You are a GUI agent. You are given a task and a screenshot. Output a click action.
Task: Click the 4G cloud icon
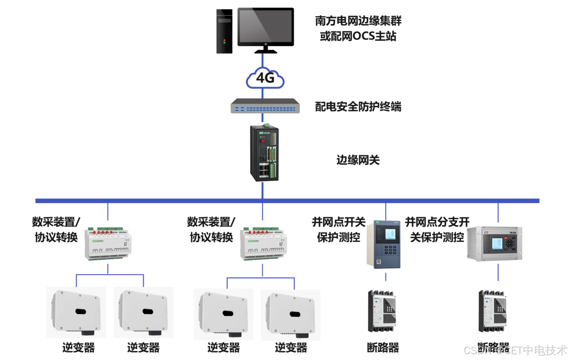point(265,78)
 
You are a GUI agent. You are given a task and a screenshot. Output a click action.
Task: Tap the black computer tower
point(224,30)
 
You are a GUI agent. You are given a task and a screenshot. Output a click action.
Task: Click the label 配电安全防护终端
point(358,107)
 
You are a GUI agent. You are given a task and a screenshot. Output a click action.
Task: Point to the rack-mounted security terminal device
point(265,106)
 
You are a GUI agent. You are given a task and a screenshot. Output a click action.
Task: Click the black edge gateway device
point(264,153)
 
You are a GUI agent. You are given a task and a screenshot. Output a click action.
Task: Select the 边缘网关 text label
point(358,160)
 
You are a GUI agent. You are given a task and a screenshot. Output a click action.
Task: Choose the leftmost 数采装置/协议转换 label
point(56,229)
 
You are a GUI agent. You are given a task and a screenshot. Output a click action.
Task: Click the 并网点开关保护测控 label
point(339,229)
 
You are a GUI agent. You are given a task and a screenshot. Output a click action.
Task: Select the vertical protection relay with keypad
point(383,244)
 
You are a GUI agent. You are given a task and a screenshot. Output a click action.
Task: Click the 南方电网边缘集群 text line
point(358,21)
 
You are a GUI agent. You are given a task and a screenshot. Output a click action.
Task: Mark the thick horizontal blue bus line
point(287,200)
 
